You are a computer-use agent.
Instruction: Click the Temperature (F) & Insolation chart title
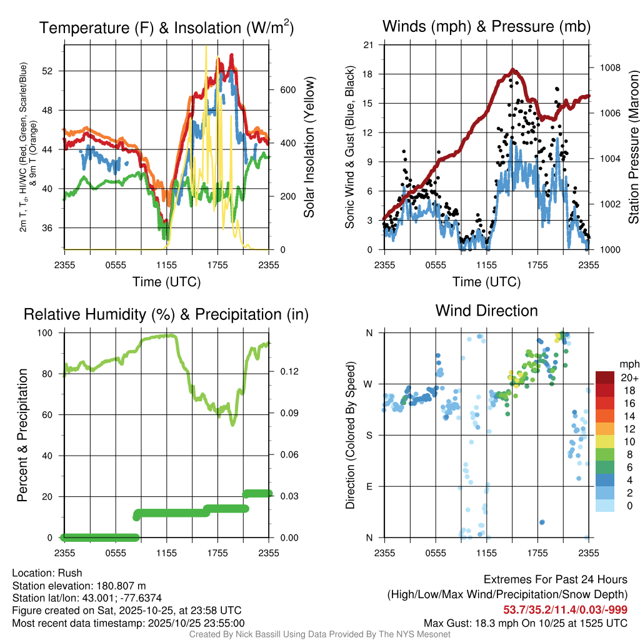click(166, 27)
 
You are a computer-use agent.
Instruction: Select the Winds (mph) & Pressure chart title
click(486, 26)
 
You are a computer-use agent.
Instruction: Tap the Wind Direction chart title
click(486, 311)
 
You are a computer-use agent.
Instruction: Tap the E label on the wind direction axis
click(369, 486)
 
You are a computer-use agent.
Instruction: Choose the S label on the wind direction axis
click(369, 435)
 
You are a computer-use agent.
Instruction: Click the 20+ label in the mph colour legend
click(627, 378)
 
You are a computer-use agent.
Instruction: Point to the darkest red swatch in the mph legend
click(604, 377)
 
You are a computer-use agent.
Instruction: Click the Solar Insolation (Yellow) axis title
click(309, 147)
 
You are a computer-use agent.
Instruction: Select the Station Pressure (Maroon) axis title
click(633, 147)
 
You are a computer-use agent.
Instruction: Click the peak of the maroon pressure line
click(512, 70)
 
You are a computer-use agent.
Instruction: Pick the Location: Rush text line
click(47, 573)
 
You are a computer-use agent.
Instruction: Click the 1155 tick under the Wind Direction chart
click(486, 552)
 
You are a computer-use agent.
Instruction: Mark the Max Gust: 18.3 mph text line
click(526, 622)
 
